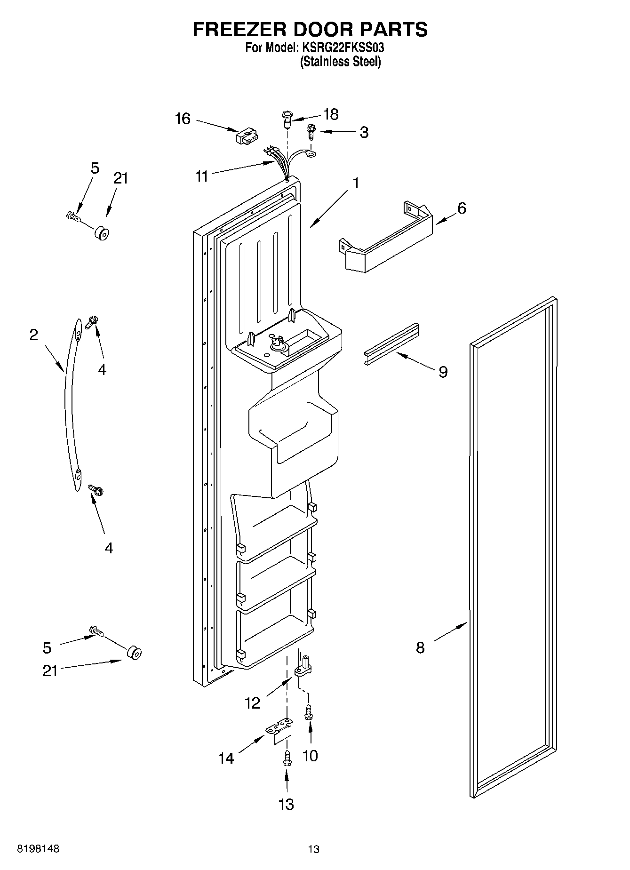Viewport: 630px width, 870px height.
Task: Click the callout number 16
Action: click(x=183, y=119)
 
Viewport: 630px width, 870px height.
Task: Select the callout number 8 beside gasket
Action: click(x=420, y=648)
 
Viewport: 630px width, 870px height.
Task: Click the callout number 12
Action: click(x=252, y=703)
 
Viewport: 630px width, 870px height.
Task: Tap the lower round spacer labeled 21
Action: click(x=134, y=653)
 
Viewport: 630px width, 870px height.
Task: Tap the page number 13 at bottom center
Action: click(x=314, y=849)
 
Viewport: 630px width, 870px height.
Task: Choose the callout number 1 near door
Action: click(x=356, y=183)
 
